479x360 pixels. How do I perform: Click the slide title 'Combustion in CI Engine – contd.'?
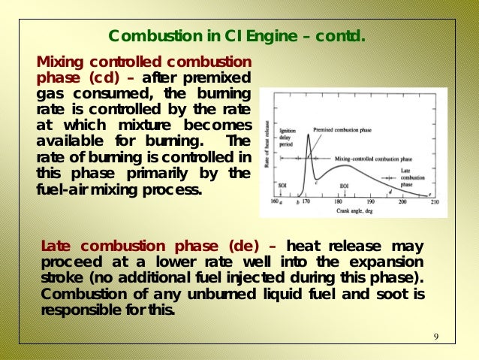click(236, 36)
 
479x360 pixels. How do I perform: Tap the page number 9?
click(436, 335)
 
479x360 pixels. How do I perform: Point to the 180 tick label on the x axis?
click(339, 202)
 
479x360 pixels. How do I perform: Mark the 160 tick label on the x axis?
click(275, 202)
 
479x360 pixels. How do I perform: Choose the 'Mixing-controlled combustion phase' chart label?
click(374, 159)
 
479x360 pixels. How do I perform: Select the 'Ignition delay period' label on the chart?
click(288, 137)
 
